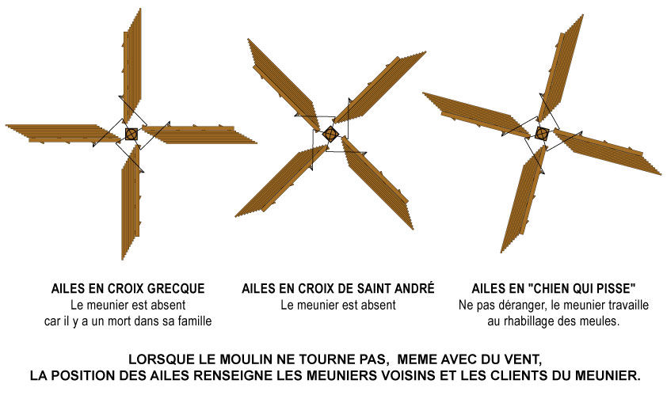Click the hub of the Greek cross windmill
(x=131, y=134)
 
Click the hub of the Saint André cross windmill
(x=330, y=134)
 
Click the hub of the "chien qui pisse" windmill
(x=542, y=134)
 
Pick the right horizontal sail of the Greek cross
(x=199, y=135)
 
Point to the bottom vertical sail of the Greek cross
(x=131, y=202)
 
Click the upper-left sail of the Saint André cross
(x=284, y=85)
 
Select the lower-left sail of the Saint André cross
(x=281, y=180)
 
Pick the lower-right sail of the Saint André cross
(x=377, y=183)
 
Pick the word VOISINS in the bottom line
(x=403, y=375)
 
